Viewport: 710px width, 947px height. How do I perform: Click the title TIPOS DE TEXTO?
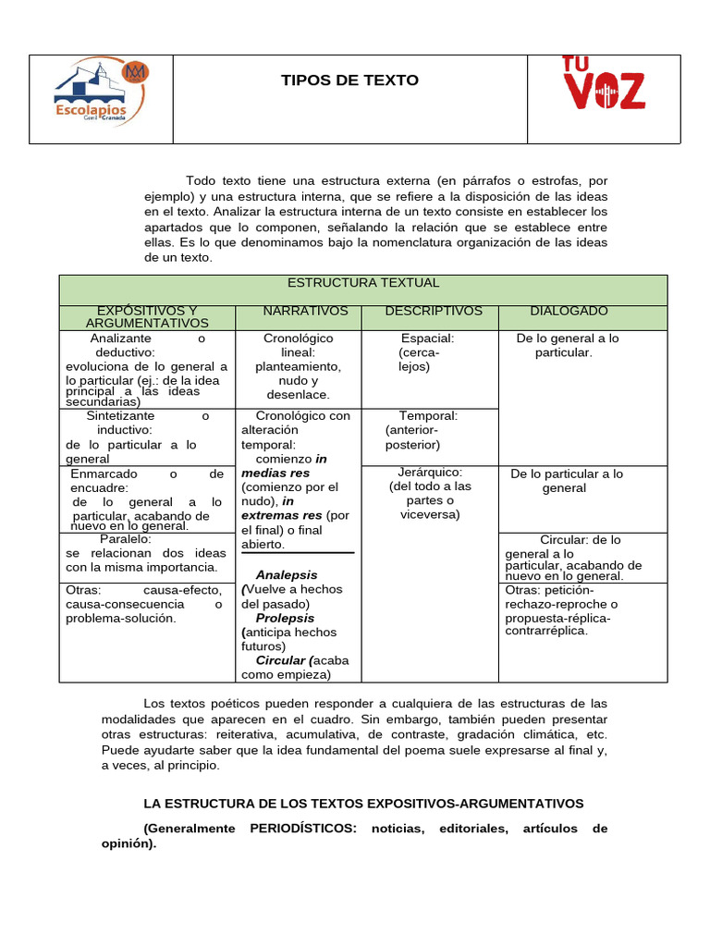pyautogui.click(x=349, y=80)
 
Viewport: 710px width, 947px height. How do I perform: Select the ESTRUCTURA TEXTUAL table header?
pyautogui.click(x=363, y=283)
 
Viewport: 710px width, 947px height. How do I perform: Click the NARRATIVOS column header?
pyautogui.click(x=305, y=311)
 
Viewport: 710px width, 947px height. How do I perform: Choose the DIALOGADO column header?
pyautogui.click(x=569, y=311)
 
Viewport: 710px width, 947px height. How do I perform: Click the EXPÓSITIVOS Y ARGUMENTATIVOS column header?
pyautogui.click(x=147, y=316)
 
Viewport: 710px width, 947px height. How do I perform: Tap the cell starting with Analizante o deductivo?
pyautogui.click(x=146, y=369)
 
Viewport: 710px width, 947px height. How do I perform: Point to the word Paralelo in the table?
pyautogui.click(x=125, y=538)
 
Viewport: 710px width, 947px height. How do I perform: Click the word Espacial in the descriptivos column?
pyautogui.click(x=427, y=338)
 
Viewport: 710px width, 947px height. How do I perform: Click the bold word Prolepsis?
pyautogui.click(x=285, y=618)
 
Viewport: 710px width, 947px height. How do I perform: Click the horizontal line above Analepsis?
pyautogui.click(x=298, y=553)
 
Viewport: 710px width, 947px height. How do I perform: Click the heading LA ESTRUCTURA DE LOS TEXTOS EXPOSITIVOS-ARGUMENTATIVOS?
pyautogui.click(x=363, y=804)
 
